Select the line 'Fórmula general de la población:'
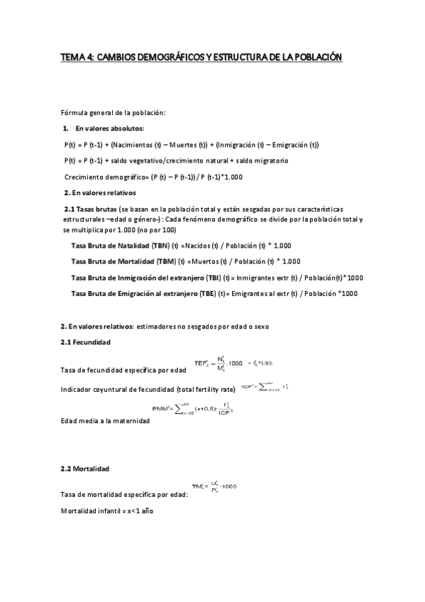pos(114,113)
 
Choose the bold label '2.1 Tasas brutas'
pos(91,209)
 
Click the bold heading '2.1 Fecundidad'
pos(85,342)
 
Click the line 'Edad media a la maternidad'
pos(106,421)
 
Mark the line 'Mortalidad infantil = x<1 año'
pos(107,511)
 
